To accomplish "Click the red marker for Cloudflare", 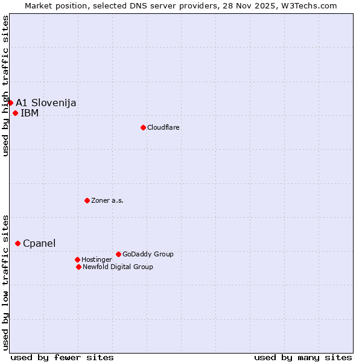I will (x=143, y=127).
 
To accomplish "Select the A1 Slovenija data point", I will (x=10, y=103).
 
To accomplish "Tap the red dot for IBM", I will (x=15, y=113).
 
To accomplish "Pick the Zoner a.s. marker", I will (x=87, y=200).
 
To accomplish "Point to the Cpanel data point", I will (x=17, y=243).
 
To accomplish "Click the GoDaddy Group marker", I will (x=118, y=254).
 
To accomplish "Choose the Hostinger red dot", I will (x=77, y=259).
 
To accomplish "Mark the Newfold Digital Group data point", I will (x=78, y=267).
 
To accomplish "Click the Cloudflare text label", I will (x=163, y=127).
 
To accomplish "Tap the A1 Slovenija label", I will (x=46, y=103).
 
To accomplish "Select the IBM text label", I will (x=30, y=113).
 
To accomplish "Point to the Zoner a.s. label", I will (x=107, y=200).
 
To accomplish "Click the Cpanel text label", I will (x=39, y=243).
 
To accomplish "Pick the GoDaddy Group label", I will (x=148, y=254).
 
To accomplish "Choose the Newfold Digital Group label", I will (x=118, y=267).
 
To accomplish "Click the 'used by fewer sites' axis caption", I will (x=62, y=357).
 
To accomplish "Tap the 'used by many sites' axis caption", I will (x=303, y=357).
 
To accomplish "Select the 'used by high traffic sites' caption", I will (x=5, y=86).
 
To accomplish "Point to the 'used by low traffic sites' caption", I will (x=5, y=282).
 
